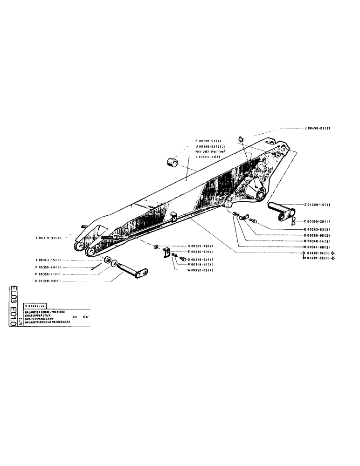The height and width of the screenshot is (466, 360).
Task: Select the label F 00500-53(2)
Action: [209, 140]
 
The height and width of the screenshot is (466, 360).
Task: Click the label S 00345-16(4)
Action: [201, 246]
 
